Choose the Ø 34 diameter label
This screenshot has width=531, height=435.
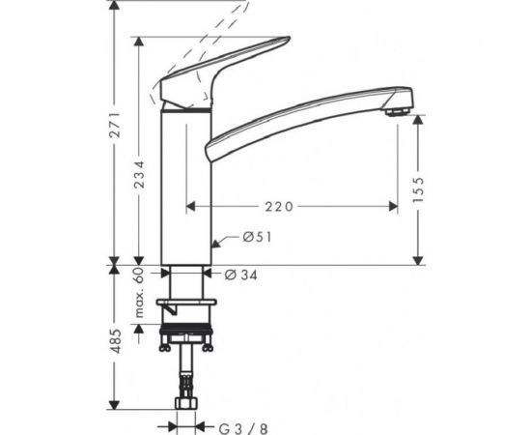[241, 275]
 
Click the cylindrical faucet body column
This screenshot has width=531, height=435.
[185, 184]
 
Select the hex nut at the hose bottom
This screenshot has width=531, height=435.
[185, 403]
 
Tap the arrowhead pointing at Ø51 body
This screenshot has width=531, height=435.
[216, 239]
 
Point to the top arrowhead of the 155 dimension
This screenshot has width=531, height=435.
[418, 120]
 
